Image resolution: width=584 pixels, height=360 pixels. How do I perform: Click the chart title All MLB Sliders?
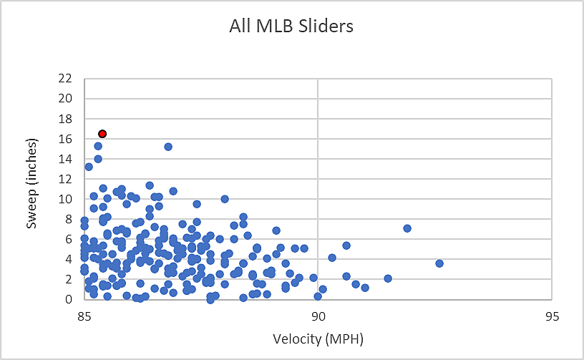pos(291,26)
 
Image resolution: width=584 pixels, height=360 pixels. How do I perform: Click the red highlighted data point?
pos(102,134)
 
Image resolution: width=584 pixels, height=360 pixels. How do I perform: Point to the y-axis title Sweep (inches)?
pos(32,189)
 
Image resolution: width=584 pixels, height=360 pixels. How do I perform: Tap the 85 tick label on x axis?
pos(84,315)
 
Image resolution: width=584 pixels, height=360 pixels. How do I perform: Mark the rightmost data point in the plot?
pos(439,263)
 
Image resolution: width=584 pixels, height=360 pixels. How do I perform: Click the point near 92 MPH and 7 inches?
pos(407,228)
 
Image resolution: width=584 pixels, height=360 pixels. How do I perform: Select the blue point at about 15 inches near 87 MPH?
pos(168,147)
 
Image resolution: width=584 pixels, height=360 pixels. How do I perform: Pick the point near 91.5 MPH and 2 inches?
pos(388,278)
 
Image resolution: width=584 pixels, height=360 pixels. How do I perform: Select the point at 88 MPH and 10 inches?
pos(225,199)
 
